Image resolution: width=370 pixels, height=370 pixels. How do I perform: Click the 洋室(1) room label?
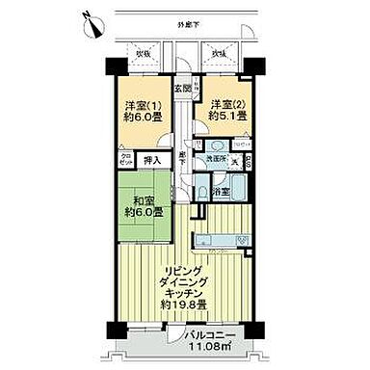140,105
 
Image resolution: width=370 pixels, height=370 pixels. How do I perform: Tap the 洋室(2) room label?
223,105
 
